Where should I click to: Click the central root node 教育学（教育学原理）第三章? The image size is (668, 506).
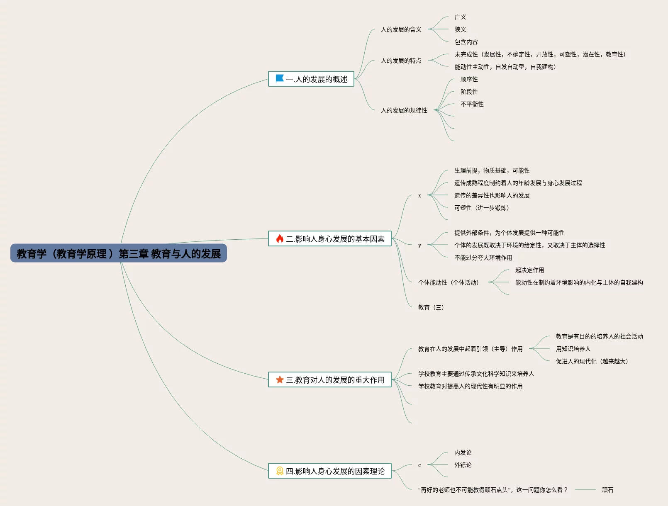[119, 253]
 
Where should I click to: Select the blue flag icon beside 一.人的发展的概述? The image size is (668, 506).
[280, 78]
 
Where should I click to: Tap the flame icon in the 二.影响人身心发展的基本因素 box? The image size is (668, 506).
[280, 238]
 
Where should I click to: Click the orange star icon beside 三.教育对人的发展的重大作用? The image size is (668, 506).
[280, 379]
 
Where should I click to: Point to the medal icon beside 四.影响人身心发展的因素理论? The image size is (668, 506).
[280, 471]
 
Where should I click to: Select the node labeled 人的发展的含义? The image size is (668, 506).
[401, 29]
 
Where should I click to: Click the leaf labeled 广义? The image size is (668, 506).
[460, 17]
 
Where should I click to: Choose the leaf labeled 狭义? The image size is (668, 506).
[460, 29]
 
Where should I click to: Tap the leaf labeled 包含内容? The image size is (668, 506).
[466, 42]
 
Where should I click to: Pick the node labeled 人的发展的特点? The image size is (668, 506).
[401, 61]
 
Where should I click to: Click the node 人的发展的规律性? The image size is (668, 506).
[404, 110]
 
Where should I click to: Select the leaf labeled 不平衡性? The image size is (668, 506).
[472, 104]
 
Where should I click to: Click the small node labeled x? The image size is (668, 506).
[419, 195]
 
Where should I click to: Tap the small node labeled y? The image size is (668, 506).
[419, 245]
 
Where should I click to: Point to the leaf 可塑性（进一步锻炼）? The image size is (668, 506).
[481, 208]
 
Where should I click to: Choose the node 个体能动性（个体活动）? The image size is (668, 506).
[448, 282]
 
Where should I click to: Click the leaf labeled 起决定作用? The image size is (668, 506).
[529, 270]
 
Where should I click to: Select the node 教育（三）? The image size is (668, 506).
[431, 307]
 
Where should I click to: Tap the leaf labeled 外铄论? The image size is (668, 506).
[463, 465]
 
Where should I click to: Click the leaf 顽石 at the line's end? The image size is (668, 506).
[607, 490]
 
